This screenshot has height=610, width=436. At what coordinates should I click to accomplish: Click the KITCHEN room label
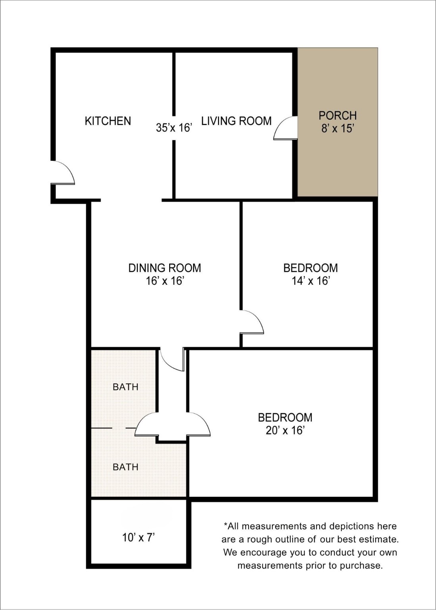108,121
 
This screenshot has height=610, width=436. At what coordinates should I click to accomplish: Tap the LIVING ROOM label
236,121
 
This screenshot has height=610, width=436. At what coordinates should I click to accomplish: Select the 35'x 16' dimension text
174,127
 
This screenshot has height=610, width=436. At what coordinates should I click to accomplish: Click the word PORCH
338,116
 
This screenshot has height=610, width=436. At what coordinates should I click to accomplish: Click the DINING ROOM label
164,268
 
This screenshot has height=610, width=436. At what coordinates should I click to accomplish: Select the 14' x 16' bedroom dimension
311,280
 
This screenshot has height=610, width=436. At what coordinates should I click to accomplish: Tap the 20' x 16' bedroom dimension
285,430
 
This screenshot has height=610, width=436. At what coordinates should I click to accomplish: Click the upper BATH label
125,387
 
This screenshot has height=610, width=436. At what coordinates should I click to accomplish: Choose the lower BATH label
125,467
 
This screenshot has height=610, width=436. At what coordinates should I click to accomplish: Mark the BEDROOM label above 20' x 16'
285,417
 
